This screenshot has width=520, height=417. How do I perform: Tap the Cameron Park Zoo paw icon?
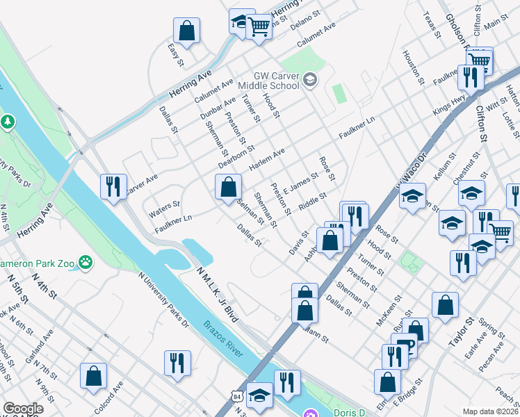86,263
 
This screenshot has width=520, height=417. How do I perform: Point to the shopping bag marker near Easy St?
186,31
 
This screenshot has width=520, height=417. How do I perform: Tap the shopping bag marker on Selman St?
228,187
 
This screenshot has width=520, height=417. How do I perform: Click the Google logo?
23,409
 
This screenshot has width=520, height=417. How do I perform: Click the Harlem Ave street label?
267,162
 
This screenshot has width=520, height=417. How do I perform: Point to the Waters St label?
164,206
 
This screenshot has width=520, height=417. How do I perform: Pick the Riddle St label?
311,202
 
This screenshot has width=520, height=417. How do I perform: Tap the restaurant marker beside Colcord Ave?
177,363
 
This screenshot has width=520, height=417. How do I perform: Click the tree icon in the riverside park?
8,122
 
